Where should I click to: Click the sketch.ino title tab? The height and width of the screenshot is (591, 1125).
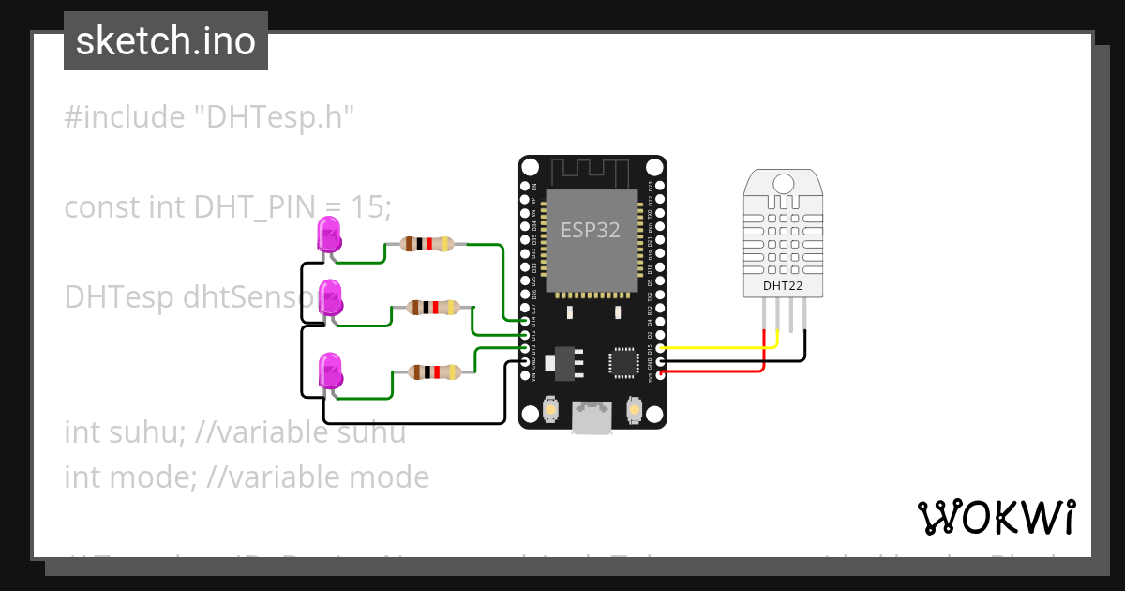point(166,41)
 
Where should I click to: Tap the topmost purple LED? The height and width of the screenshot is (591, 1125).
point(329,233)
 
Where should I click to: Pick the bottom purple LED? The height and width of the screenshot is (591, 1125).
point(330,371)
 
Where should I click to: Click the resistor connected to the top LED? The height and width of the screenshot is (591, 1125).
point(427,244)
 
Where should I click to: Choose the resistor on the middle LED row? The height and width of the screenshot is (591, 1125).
point(432,307)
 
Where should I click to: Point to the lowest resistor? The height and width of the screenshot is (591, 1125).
point(432,372)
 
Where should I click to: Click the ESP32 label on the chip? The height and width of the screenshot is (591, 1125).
point(591,230)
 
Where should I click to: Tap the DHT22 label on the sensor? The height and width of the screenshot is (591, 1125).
point(782,286)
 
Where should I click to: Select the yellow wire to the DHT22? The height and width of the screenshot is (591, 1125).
point(712,348)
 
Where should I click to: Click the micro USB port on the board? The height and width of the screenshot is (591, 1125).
point(592,417)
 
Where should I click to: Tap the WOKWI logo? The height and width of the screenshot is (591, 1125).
point(996,517)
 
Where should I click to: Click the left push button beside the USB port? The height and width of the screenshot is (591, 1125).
point(551,410)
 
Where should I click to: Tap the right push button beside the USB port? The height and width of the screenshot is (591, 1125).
point(635,410)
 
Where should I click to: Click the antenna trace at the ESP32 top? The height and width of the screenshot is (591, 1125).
point(591,172)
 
